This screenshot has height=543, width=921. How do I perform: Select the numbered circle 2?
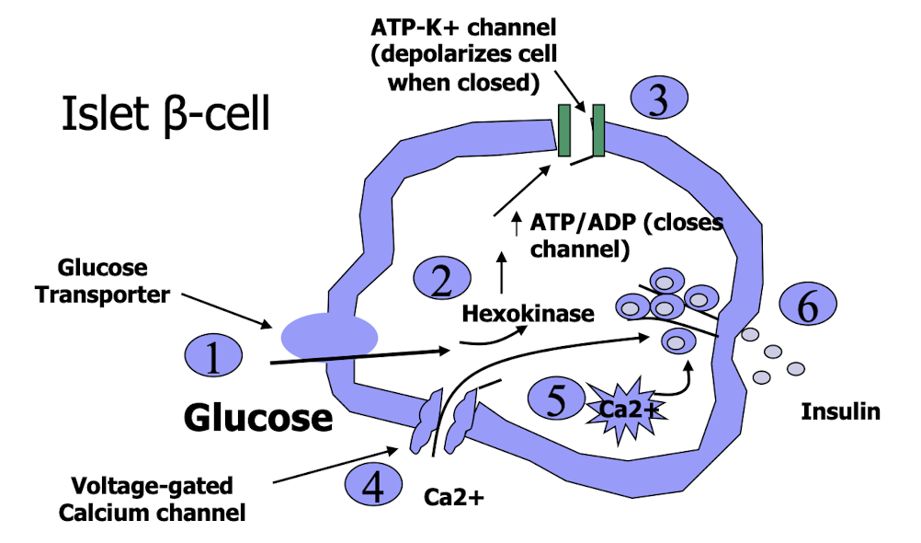[x=444, y=280]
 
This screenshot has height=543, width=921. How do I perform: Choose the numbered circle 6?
[x=808, y=308]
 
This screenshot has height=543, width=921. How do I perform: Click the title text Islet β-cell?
[x=166, y=116]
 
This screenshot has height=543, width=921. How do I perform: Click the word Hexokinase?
[x=528, y=314]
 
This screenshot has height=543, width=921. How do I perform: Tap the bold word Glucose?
[x=258, y=418]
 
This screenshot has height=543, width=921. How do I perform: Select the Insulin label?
[x=840, y=411]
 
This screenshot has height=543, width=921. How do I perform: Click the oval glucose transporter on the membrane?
[x=328, y=336]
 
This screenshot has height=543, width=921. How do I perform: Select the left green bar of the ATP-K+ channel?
[x=564, y=130]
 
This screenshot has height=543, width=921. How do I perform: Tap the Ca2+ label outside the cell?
[x=453, y=498]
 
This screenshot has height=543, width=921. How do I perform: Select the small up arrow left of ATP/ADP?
[x=514, y=222]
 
